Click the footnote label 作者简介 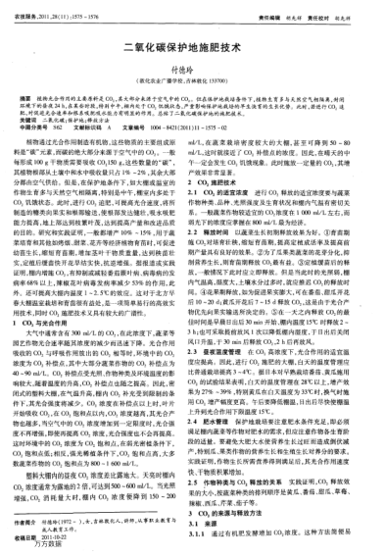38,504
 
